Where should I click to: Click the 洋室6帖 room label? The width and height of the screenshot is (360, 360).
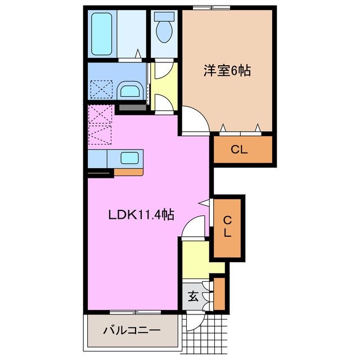pyautogui.click(x=227, y=71)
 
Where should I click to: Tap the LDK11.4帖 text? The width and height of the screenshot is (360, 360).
pyautogui.click(x=141, y=214)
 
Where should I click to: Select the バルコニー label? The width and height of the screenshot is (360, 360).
pyautogui.click(x=132, y=331)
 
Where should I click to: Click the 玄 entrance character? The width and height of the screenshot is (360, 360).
pyautogui.click(x=193, y=296)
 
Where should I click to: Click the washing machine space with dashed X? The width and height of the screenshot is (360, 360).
pyautogui.click(x=101, y=90)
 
